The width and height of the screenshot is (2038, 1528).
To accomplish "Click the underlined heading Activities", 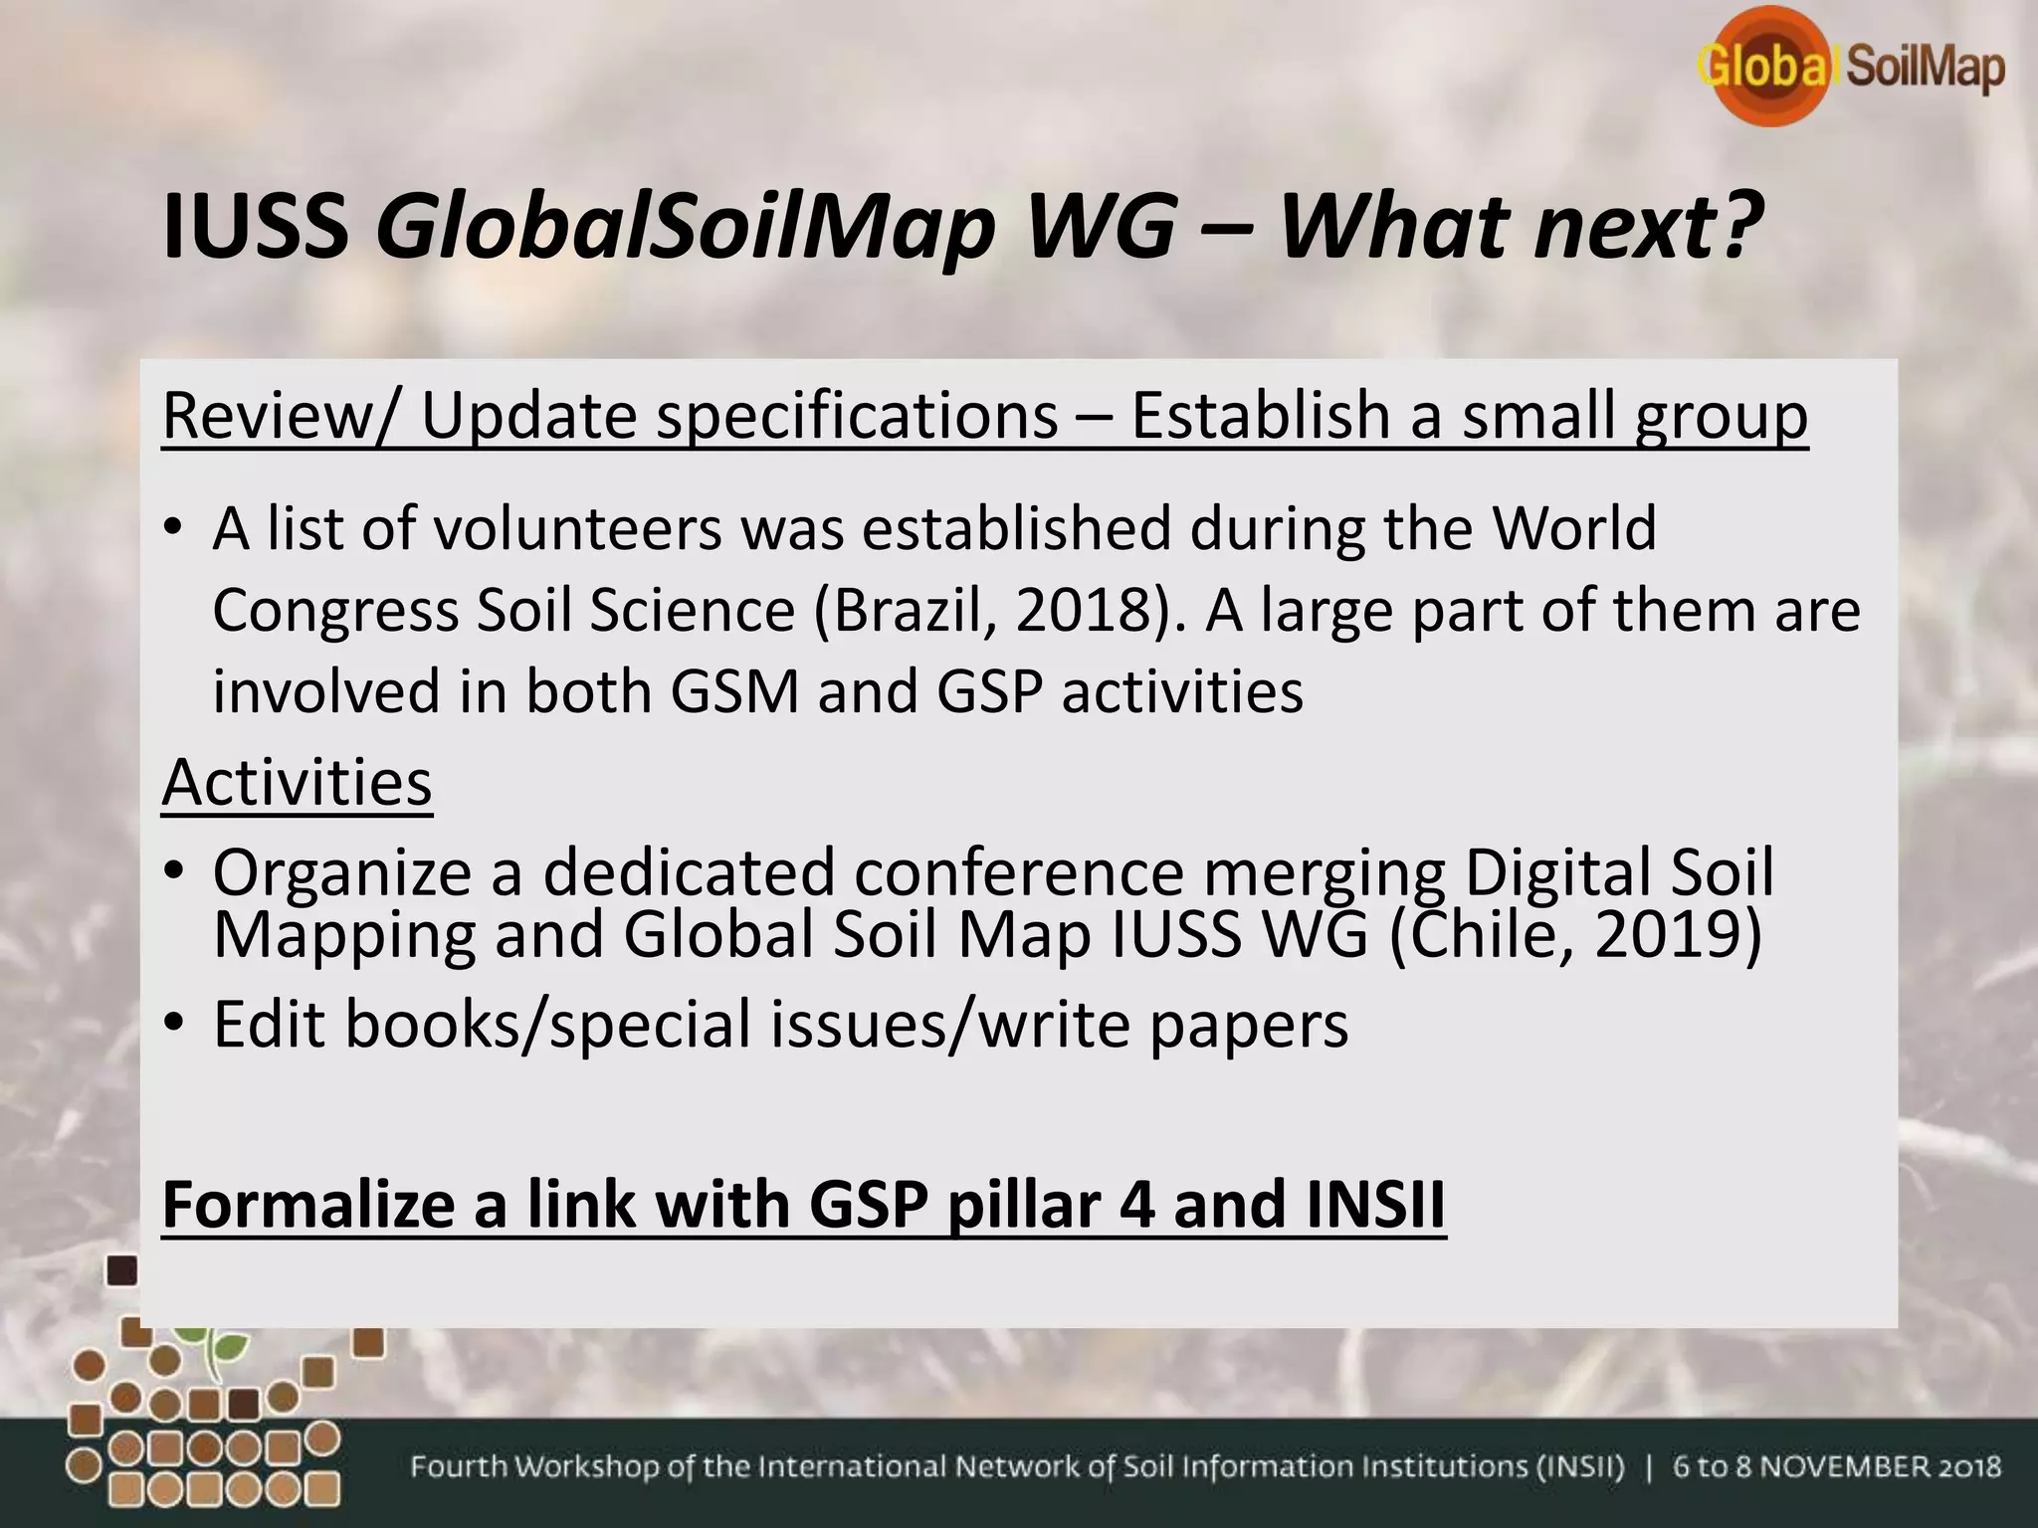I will [297, 783].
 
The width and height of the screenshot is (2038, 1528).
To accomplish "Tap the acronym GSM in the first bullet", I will [736, 691].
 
